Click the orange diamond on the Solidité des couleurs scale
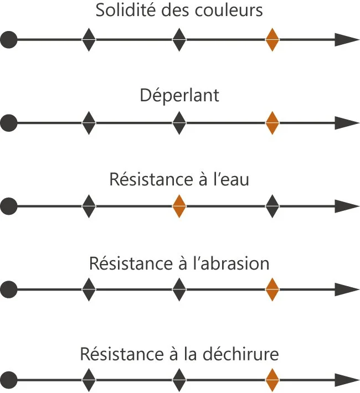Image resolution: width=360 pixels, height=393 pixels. (272, 40)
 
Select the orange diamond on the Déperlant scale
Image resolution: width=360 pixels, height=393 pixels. (272, 123)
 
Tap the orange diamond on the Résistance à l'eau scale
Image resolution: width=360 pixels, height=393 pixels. (179, 206)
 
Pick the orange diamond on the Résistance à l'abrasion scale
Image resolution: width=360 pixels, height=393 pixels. (272, 289)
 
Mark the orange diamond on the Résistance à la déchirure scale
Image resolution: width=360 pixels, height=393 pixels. (272, 381)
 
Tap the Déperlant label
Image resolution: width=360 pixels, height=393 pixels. (179, 95)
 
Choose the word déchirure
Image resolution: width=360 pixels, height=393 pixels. (246, 354)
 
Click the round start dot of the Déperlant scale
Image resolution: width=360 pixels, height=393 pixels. (9, 123)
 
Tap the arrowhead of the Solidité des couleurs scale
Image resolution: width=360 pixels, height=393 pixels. (347, 40)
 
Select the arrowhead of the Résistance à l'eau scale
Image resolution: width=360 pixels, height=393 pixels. (347, 206)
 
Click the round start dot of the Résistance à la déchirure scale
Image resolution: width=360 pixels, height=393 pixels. (9, 381)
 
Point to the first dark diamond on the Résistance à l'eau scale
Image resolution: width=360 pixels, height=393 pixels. (89, 206)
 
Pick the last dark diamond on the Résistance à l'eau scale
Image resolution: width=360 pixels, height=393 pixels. (272, 206)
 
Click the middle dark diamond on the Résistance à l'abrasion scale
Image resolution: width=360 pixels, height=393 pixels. (179, 289)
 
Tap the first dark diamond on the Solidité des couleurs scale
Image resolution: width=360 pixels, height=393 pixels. (89, 40)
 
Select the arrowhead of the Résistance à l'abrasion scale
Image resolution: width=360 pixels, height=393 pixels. (347, 289)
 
